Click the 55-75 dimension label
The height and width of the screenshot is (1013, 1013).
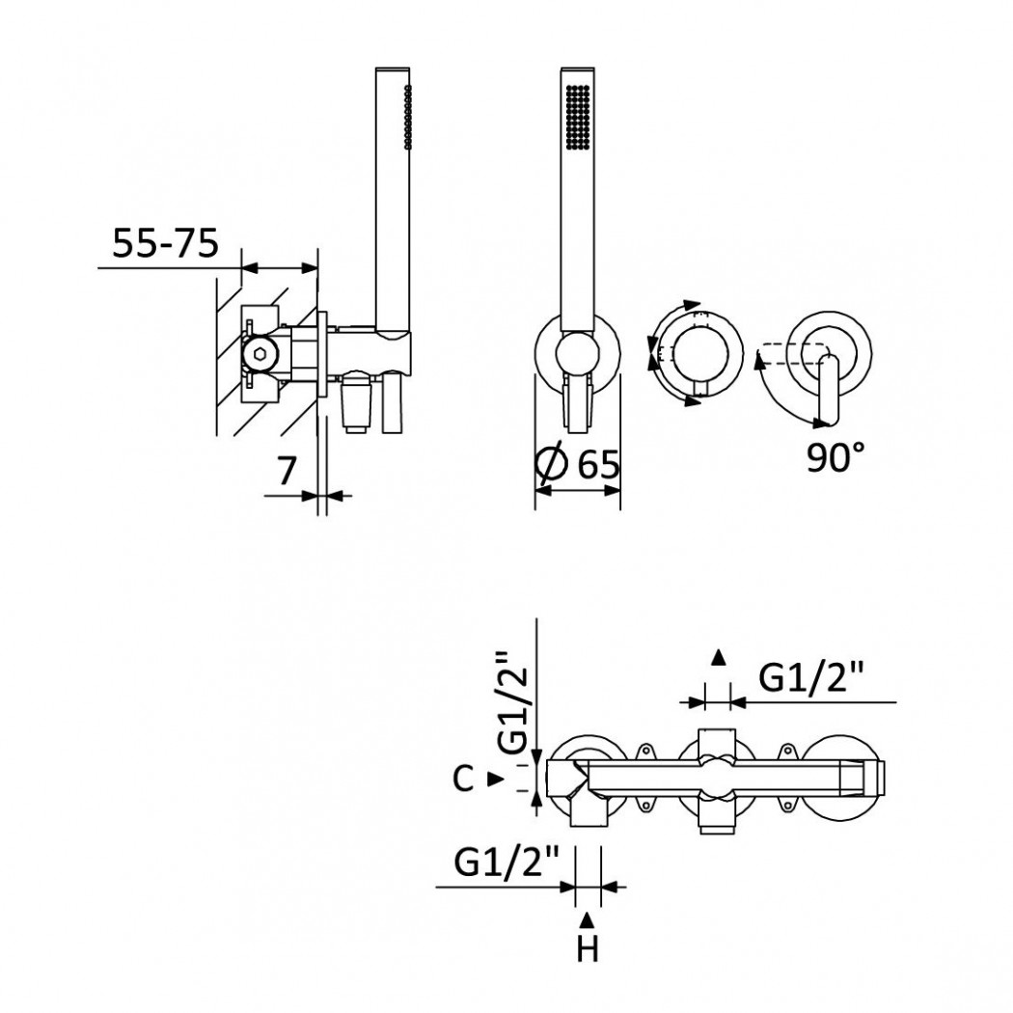pos(165,243)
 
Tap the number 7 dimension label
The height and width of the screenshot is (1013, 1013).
pos(287,471)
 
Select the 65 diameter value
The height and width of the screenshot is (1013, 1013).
pos(598,464)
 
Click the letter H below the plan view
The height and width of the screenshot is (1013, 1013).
pos(588,949)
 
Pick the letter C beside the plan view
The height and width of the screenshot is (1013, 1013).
pos(463,779)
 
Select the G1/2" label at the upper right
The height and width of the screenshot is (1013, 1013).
pos(810,678)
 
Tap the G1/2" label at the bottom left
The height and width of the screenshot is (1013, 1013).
pos(506,862)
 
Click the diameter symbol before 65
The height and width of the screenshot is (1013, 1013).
pos(552,465)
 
